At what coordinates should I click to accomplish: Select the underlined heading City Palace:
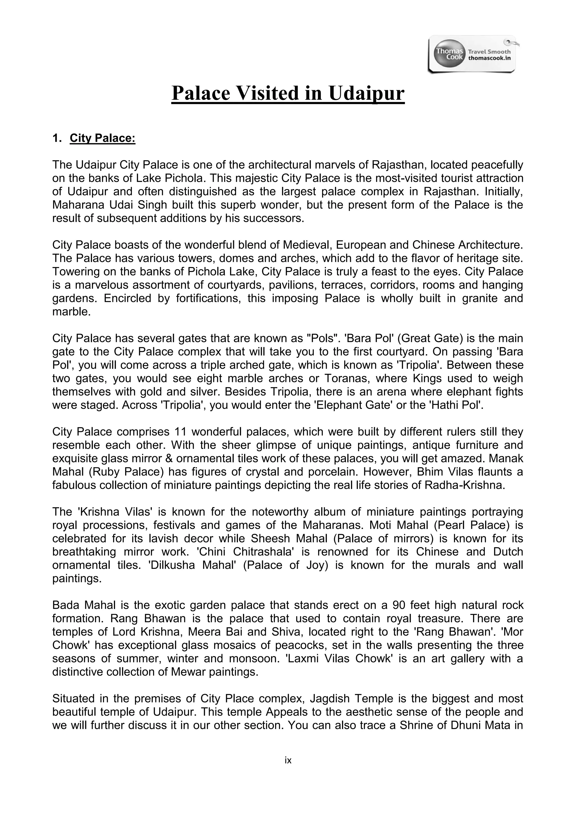coord(102,138)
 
